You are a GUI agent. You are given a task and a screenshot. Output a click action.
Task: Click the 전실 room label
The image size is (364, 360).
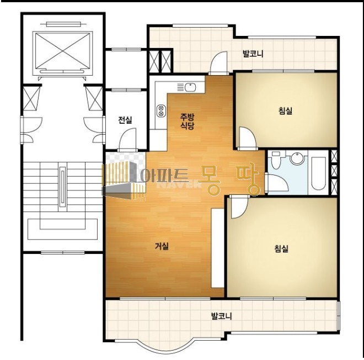click(125, 120)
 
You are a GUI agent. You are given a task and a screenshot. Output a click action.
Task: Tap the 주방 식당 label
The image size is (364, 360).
click(187, 121)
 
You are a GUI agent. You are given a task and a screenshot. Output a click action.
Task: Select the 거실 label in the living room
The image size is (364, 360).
click(162, 246)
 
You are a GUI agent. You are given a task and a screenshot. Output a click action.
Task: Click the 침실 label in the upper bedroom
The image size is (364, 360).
click(285, 110)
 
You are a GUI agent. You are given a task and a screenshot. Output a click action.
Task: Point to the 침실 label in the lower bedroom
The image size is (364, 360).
click(281, 248)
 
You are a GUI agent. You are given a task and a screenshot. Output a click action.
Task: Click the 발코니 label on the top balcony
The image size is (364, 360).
click(253, 54)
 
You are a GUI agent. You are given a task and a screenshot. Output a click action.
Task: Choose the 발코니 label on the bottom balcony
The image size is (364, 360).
click(221, 316)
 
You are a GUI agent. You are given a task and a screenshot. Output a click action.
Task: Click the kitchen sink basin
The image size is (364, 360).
click(190, 87)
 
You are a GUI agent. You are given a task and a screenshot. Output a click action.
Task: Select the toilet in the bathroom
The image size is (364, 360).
click(276, 160)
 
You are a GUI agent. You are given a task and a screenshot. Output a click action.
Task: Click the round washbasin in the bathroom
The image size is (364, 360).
click(297, 158)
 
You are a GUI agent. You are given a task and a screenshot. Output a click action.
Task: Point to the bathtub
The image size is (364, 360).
click(319, 173)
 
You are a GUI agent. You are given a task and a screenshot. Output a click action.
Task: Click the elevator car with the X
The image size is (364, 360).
click(63, 51)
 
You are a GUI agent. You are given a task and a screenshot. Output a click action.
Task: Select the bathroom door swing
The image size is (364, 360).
click(277, 183)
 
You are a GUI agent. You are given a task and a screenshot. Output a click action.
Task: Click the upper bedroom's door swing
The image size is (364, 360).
click(247, 137)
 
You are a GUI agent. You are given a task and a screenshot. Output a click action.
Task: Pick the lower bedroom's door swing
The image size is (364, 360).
click(239, 207)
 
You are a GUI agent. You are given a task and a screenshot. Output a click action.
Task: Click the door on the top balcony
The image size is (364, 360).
click(219, 63)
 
